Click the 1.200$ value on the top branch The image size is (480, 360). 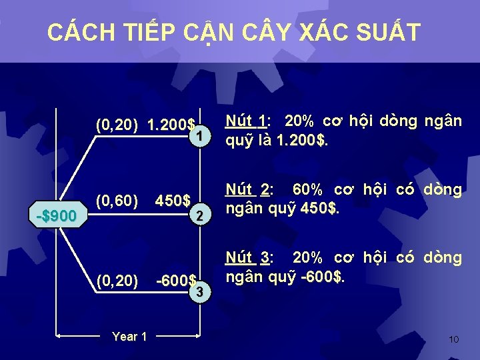pyautogui.click(x=171, y=125)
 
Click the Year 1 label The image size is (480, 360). pyautogui.click(x=129, y=337)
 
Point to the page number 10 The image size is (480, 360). pyautogui.click(x=453, y=339)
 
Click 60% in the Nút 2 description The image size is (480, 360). pyautogui.click(x=307, y=190)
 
